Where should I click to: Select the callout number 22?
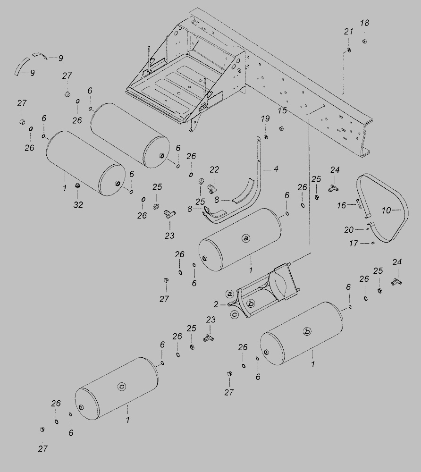point(214,169)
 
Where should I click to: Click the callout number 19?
point(266,118)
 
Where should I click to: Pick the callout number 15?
point(282,110)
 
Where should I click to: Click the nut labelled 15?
point(281,128)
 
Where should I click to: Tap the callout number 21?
point(348,32)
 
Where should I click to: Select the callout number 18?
point(365,23)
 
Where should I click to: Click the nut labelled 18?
point(365,41)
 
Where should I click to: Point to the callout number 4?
point(276,169)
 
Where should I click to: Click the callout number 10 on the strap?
point(386,211)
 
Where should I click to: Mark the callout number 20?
point(348,229)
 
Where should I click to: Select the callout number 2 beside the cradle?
point(216,304)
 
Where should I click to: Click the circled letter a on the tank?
point(245,238)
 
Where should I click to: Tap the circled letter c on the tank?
point(121,387)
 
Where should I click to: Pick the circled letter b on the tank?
point(307,332)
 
